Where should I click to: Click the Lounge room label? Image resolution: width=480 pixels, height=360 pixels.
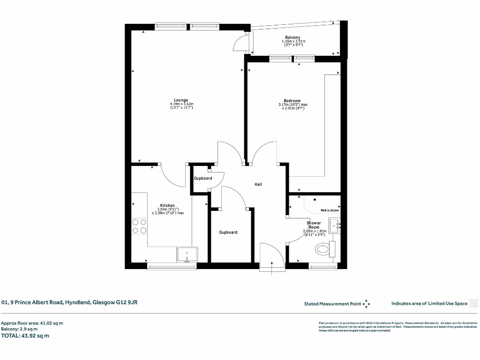click(x=181, y=100)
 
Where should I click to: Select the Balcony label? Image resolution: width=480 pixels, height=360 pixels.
click(x=292, y=37)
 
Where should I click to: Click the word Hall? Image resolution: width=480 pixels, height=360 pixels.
click(x=258, y=184)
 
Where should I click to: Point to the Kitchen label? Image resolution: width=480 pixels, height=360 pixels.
click(x=167, y=205)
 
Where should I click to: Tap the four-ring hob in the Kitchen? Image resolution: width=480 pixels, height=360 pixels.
click(x=139, y=226)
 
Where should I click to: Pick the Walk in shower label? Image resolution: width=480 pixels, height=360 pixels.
click(x=329, y=210)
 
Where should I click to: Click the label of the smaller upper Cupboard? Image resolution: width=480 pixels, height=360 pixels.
click(x=203, y=178)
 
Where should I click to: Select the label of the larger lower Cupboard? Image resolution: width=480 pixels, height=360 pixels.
click(x=228, y=232)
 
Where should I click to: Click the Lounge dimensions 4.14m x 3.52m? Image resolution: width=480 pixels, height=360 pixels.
click(x=181, y=104)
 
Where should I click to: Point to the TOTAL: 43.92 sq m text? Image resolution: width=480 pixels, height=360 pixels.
click(x=25, y=336)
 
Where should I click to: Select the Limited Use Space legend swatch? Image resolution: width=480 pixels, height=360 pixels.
click(x=473, y=303)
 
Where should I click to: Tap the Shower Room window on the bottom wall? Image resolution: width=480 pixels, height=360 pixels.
click(x=323, y=267)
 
